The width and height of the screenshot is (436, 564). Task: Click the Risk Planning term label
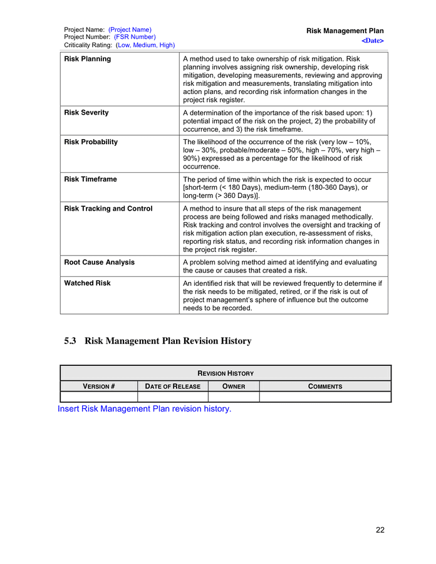click(x=88, y=59)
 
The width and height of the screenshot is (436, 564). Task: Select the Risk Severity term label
click(x=86, y=113)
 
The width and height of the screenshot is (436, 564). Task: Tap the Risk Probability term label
click(x=91, y=142)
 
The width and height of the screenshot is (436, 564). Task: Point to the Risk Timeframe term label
click(x=90, y=179)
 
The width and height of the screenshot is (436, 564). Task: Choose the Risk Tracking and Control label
click(x=108, y=209)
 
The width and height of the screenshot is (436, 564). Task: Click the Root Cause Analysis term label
click(x=100, y=263)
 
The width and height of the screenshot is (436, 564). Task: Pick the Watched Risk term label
click(x=87, y=283)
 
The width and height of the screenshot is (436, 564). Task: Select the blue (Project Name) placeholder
click(x=130, y=29)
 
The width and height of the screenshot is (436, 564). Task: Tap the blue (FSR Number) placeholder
click(x=135, y=37)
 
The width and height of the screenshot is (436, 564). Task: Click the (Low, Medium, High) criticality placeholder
click(x=145, y=45)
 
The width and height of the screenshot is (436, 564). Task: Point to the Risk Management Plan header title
click(x=345, y=31)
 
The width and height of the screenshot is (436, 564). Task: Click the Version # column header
click(x=99, y=387)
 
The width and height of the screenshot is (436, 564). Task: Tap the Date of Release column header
click(x=172, y=387)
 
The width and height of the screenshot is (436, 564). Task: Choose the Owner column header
click(x=233, y=387)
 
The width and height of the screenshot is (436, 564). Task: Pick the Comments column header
click(x=325, y=387)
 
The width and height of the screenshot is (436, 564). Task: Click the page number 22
click(x=380, y=530)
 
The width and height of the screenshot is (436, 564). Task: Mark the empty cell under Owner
click(x=233, y=397)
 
